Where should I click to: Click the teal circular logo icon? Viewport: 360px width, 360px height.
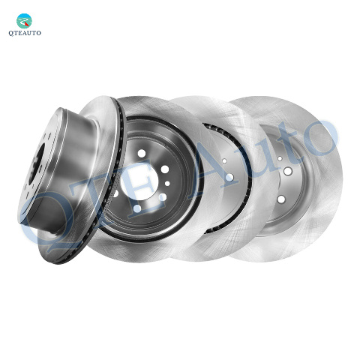pos(24,21)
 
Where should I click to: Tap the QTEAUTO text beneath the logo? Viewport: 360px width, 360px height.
pos(25,33)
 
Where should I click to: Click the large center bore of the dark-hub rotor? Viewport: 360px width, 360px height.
pos(139,181)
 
